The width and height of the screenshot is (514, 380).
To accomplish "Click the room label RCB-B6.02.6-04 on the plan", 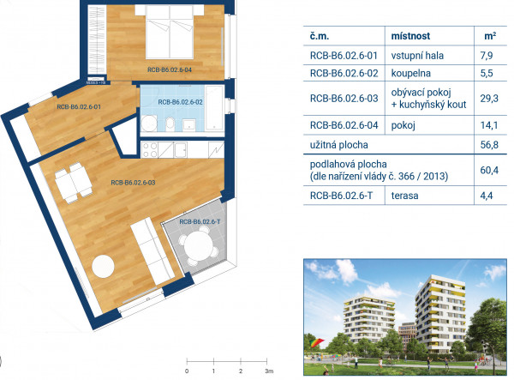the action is pyautogui.click(x=169, y=69).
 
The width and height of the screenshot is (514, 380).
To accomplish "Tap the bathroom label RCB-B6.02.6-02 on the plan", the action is pyautogui.click(x=180, y=102).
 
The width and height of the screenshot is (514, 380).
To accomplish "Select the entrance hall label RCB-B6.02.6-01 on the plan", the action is pyautogui.click(x=79, y=106).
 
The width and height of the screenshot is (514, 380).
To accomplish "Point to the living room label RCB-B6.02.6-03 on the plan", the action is pyautogui.click(x=133, y=183).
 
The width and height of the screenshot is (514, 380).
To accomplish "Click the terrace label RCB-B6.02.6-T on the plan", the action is pyautogui.click(x=200, y=222).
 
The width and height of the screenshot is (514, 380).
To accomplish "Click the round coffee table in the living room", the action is pyautogui.click(x=103, y=266).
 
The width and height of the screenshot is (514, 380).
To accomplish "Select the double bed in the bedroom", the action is pyautogui.click(x=170, y=32).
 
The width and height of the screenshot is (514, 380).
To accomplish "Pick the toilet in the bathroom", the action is pyautogui.click(x=170, y=124).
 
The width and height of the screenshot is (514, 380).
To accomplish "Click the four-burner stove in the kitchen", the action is pyautogui.click(x=150, y=149).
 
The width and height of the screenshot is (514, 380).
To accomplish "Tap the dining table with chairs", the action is pyautogui.click(x=73, y=183).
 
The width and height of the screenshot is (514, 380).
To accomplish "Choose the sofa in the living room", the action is pyautogui.click(x=152, y=250).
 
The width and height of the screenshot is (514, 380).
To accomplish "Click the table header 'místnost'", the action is pyautogui.click(x=410, y=36).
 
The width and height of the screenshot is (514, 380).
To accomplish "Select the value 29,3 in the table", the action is pyautogui.click(x=489, y=98).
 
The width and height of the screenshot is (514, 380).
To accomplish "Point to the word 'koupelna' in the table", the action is pyautogui.click(x=410, y=73).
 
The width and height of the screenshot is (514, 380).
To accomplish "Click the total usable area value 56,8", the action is pyautogui.click(x=489, y=145).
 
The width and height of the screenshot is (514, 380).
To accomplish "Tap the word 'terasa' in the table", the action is pyautogui.click(x=404, y=196).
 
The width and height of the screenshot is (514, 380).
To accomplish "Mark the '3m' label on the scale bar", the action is pyautogui.click(x=269, y=371).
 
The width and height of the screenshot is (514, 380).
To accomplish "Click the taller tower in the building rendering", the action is pyautogui.click(x=440, y=314).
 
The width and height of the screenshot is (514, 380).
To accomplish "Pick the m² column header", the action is pyautogui.click(x=490, y=36).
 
